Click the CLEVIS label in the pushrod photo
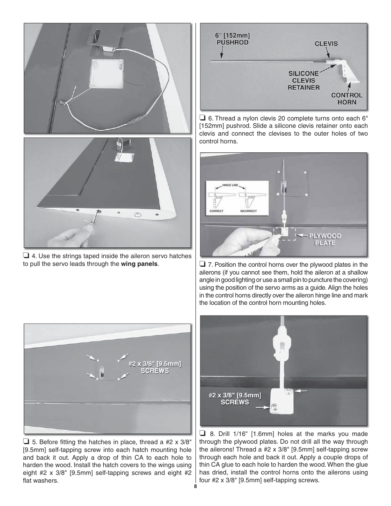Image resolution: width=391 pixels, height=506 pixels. coord(326,43)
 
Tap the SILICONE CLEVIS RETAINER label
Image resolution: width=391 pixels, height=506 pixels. coord(303,80)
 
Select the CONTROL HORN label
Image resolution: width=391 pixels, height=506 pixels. coord(347,98)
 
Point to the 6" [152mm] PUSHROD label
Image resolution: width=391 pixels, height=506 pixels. coord(232,39)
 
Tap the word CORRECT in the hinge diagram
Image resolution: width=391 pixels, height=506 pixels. coord(216,211)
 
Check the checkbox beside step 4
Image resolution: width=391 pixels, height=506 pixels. coord(26,256)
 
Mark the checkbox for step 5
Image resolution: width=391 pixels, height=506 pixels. coord(26,442)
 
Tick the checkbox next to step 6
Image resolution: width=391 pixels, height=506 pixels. coord(202,118)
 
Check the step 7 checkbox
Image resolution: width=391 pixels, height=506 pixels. coord(202,265)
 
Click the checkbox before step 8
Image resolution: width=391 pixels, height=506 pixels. coord(202,434)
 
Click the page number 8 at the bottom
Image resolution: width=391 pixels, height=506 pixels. coord(195,486)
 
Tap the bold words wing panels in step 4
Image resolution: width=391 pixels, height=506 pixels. coord(139,264)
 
